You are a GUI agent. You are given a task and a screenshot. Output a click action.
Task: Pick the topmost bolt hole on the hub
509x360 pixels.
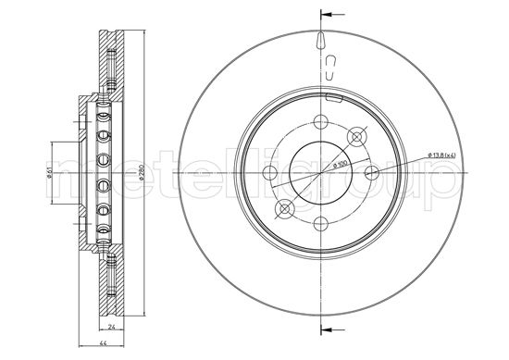coord(320,121)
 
